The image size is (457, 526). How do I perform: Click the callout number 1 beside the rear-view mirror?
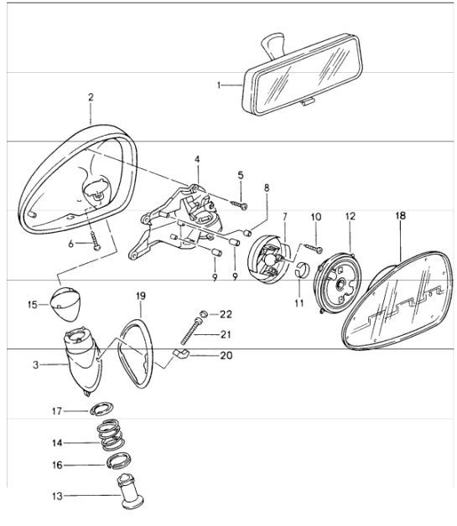(219, 85)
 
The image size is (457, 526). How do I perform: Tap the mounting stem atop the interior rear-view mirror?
(273, 44)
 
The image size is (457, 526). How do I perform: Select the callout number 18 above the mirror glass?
(401, 216)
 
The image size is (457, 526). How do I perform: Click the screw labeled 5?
(240, 204)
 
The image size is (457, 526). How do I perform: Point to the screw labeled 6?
(96, 241)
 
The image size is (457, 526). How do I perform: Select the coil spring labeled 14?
(112, 435)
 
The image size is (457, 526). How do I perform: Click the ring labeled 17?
(101, 408)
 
